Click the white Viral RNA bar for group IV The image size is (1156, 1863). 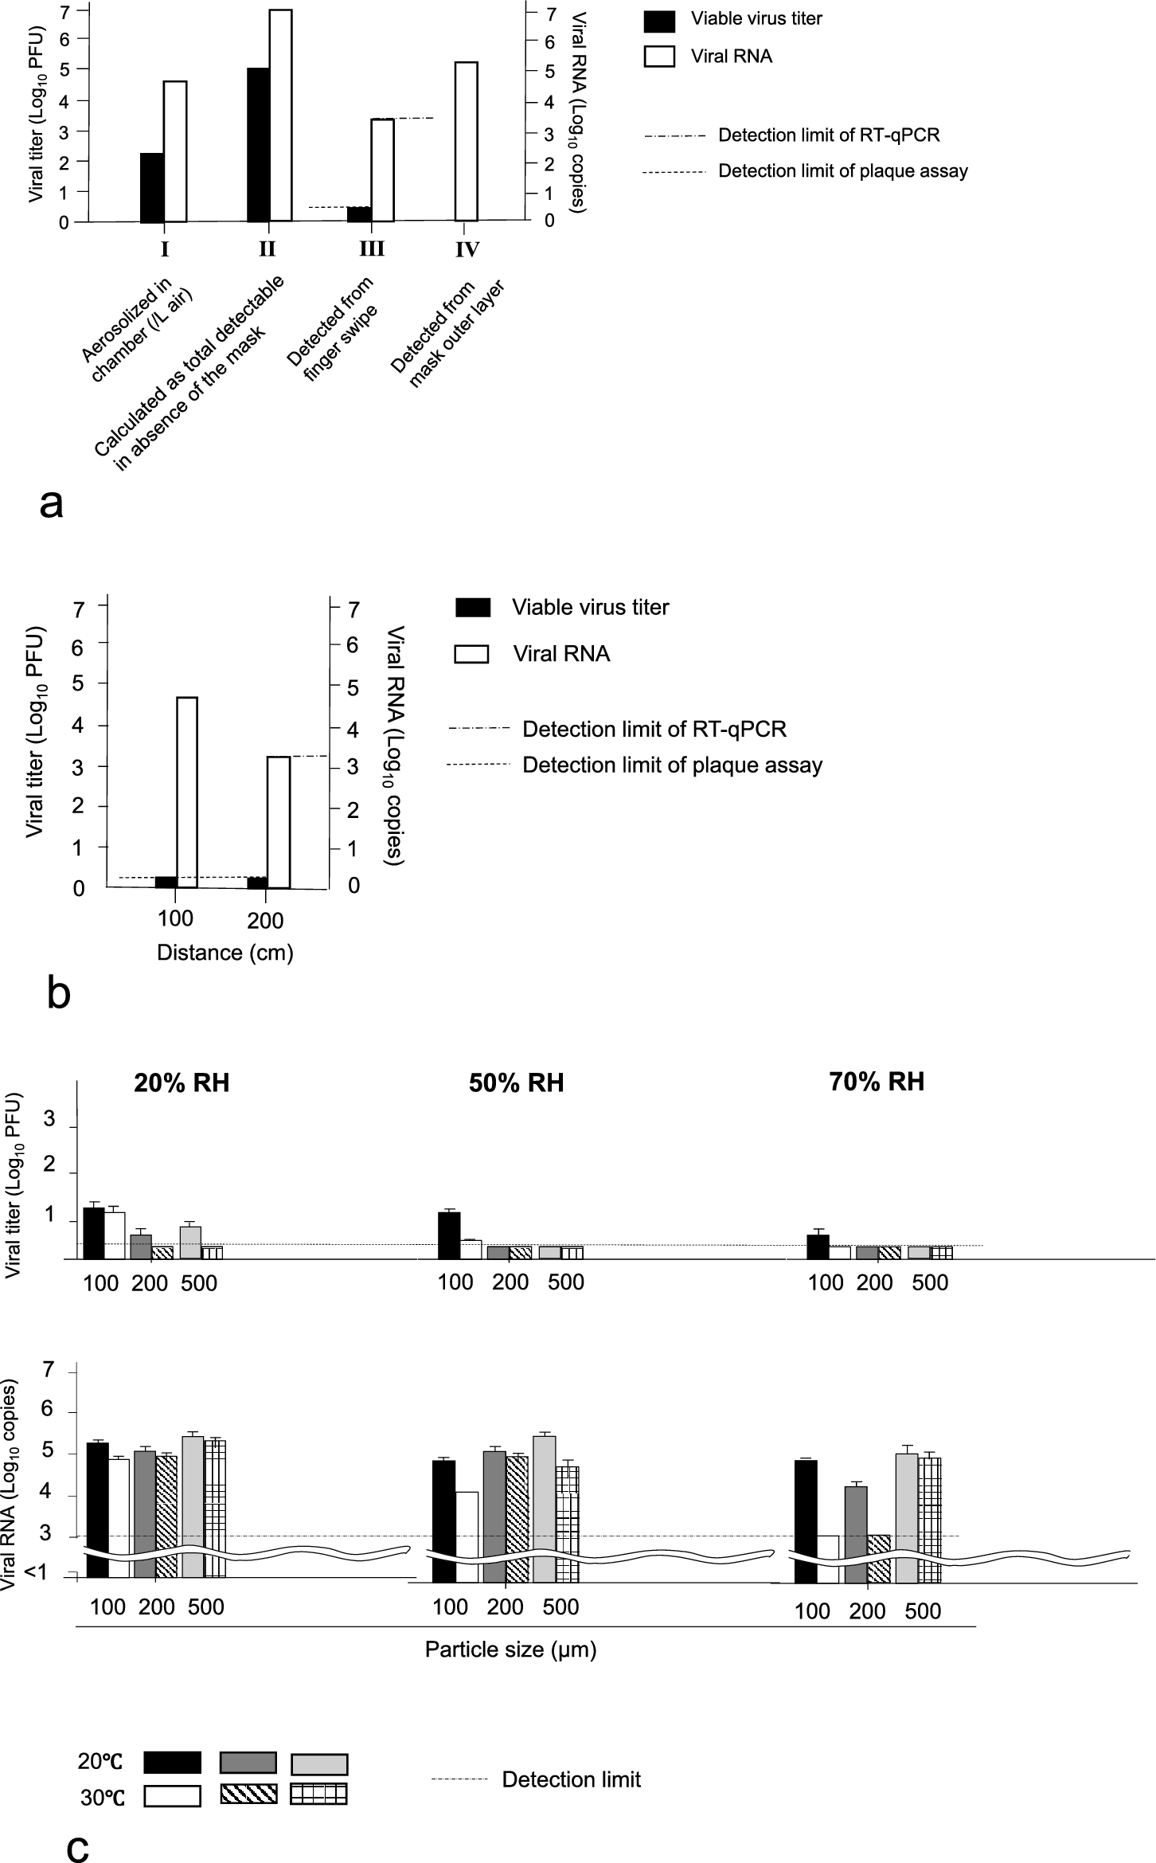(x=467, y=141)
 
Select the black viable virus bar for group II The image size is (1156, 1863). (x=258, y=145)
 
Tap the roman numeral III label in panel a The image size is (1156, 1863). (x=372, y=249)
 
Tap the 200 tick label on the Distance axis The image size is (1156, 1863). (x=265, y=922)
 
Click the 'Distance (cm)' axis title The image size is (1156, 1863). (x=225, y=953)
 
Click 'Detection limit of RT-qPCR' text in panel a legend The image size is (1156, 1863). (x=829, y=135)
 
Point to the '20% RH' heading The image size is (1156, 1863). (x=182, y=1083)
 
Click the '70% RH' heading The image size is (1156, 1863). (x=877, y=1082)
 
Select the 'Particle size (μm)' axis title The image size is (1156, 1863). (x=510, y=1649)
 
